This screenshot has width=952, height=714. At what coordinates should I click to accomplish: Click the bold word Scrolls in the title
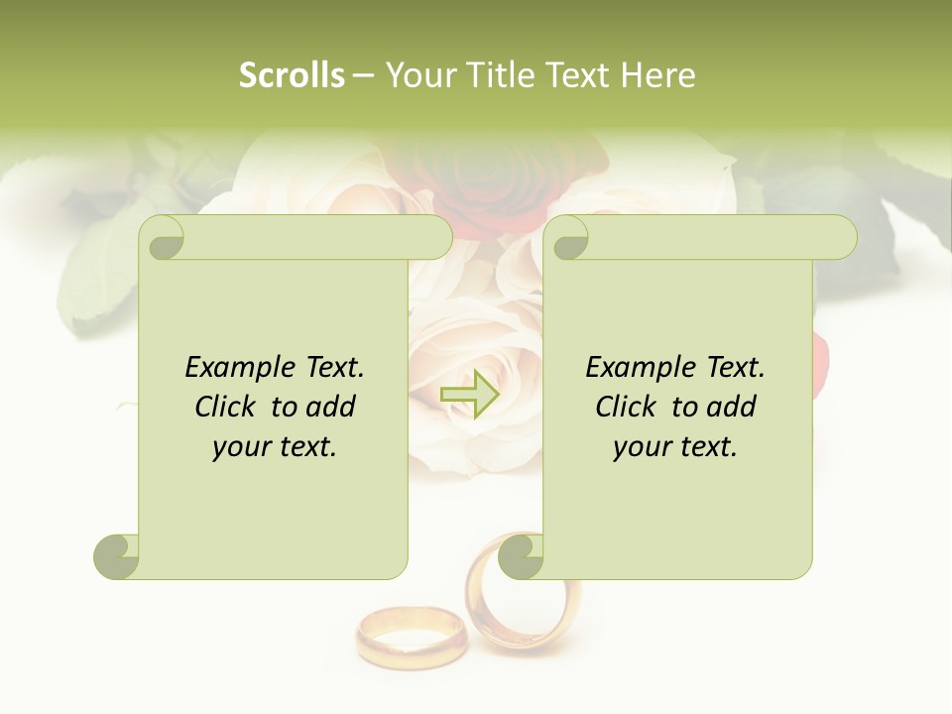point(292,75)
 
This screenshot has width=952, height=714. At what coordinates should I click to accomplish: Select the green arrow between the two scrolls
point(469,395)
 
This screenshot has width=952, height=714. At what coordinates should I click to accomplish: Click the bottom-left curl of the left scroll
point(117,556)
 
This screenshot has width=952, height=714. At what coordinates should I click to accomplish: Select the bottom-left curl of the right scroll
point(522,556)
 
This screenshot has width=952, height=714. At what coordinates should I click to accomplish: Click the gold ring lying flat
point(410,635)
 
